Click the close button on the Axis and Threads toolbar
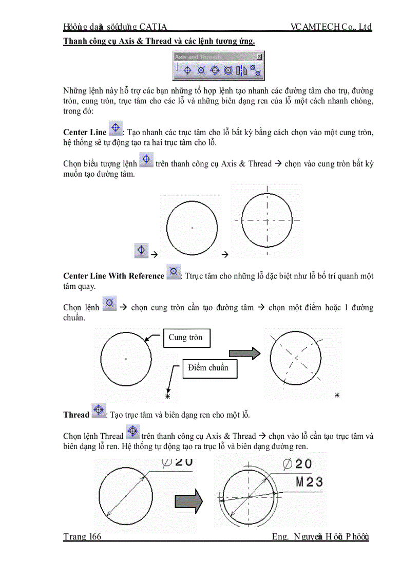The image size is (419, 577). [259, 57]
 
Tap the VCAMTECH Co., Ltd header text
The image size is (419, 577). [331, 27]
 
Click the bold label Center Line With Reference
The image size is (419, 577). [113, 276]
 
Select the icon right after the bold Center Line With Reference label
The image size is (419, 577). [174, 272]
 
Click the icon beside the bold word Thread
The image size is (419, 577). [98, 411]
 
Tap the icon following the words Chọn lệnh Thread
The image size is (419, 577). [132, 432]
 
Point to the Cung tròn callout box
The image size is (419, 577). [187, 338]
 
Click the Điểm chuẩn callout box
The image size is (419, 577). [210, 368]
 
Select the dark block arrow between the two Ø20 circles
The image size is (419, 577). [189, 501]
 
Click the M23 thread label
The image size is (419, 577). [310, 482]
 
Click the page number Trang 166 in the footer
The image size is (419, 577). [82, 537]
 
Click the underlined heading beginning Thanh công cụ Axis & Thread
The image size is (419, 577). [159, 41]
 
